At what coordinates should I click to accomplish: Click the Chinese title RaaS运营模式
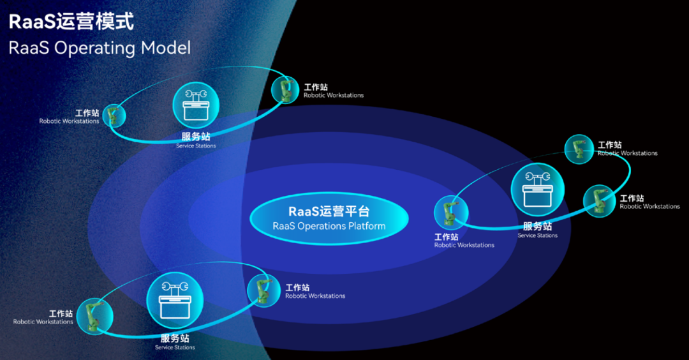click(x=71, y=21)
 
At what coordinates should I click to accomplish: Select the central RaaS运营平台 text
click(x=329, y=211)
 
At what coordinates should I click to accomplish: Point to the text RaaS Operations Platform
click(x=329, y=226)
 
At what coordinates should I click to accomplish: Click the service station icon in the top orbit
click(x=196, y=105)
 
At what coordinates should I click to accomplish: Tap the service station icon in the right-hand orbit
click(x=537, y=190)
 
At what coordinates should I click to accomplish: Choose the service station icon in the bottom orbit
click(x=175, y=300)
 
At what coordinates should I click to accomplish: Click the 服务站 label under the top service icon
click(x=196, y=136)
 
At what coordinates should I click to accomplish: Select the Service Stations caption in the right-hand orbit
click(x=537, y=236)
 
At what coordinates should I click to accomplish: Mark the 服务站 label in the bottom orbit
click(x=175, y=338)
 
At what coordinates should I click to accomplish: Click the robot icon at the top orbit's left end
click(x=114, y=116)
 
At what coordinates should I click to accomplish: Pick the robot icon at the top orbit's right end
click(x=285, y=89)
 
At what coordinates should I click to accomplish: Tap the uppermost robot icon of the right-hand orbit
click(x=579, y=149)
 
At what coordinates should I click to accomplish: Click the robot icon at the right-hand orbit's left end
click(x=451, y=213)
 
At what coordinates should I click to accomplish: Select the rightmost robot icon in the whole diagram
click(x=599, y=201)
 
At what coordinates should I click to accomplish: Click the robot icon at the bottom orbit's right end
click(x=263, y=290)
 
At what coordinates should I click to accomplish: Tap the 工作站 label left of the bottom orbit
click(x=61, y=313)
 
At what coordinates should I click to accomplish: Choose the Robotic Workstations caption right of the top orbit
click(x=334, y=95)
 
